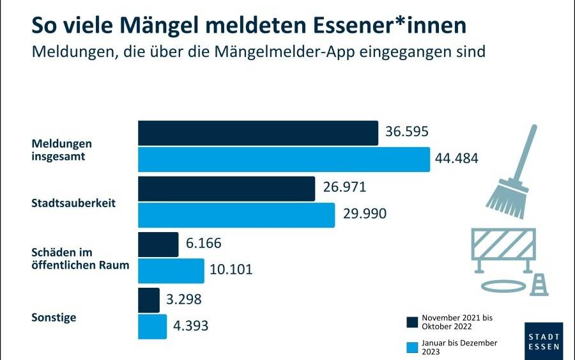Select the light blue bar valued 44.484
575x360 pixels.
pos(284,159)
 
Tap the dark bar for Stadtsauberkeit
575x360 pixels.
pos(227,189)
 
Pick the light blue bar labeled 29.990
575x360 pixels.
pos(236,215)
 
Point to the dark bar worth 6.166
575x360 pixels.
pos(158,244)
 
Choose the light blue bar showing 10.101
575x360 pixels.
pos(171,270)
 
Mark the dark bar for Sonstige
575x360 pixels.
pos(149,300)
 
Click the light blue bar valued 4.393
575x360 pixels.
pos(153,326)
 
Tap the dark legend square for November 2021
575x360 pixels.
pos(412,321)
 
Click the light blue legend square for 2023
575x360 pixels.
pos(412,347)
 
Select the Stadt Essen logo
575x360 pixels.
pos(544,341)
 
